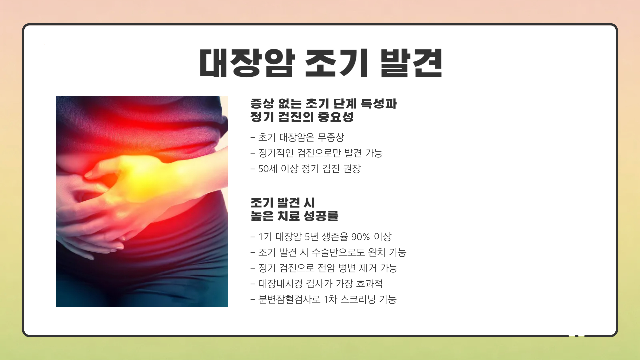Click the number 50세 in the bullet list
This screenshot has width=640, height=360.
point(268,169)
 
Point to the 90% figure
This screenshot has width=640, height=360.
point(360,237)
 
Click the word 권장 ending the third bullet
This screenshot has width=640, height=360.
point(352,169)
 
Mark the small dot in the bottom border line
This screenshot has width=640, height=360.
point(577,336)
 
